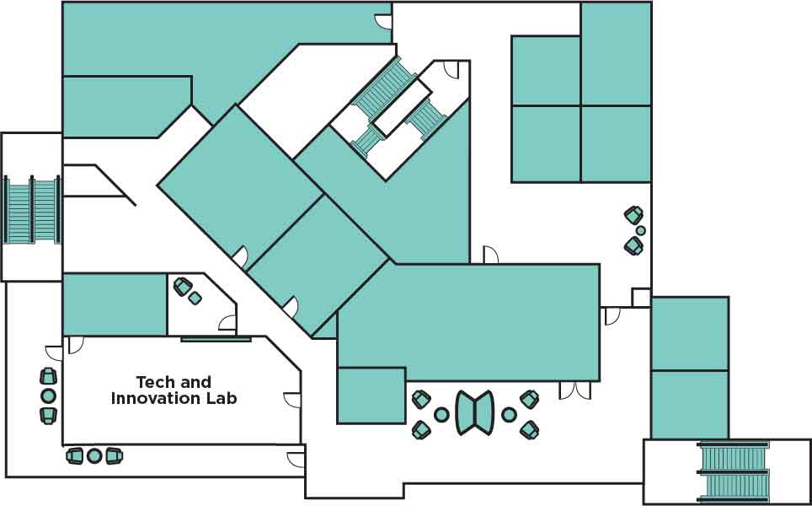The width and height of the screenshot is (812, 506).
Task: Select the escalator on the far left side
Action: coord(32,210)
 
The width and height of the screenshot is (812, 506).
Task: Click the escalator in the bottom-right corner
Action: coord(734,471)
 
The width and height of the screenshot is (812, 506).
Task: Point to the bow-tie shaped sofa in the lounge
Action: coord(475,412)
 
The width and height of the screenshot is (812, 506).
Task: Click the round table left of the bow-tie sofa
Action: coord(441,414)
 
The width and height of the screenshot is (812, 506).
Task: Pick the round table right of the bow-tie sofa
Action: coord(509,414)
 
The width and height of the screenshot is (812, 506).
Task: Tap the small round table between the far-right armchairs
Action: coord(640,230)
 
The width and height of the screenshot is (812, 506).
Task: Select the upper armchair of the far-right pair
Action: coord(633,215)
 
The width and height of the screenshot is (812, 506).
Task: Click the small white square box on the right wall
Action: coord(641,298)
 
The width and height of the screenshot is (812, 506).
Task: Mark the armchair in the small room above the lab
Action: coord(183,287)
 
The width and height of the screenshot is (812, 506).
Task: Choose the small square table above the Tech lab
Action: coord(195,298)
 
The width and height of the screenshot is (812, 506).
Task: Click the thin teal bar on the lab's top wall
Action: coord(216,339)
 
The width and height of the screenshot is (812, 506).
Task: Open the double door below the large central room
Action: coord(575,390)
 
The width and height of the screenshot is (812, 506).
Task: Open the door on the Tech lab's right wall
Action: coord(293,400)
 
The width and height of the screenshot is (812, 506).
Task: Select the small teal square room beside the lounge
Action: coord(371,395)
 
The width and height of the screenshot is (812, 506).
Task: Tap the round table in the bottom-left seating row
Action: coord(94,455)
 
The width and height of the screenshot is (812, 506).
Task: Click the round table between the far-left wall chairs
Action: coord(48,396)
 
